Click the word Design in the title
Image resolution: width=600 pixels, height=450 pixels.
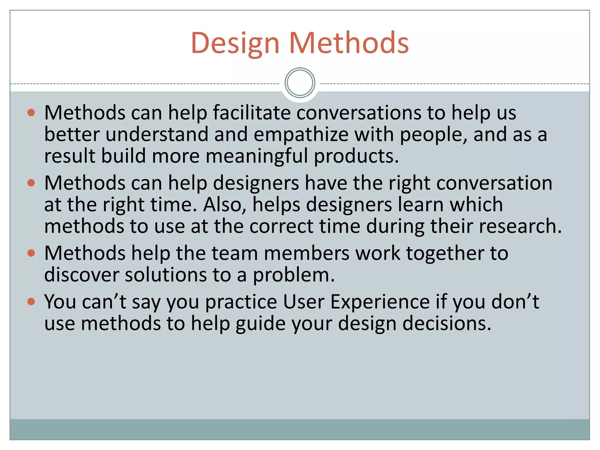[x=235, y=43]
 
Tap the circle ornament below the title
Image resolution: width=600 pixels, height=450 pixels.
[x=300, y=83]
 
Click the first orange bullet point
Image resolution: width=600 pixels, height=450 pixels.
[x=31, y=113]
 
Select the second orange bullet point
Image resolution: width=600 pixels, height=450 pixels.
[x=31, y=183]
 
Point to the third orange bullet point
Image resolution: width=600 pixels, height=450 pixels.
[x=31, y=253]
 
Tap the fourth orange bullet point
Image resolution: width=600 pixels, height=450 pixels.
[x=31, y=301]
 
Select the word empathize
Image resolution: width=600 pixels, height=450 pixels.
[x=301, y=135]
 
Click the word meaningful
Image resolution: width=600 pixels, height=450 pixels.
[x=257, y=156]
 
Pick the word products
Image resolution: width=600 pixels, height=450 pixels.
[x=356, y=156]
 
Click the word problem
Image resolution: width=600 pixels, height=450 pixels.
[x=294, y=275]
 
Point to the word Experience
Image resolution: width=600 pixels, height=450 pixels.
[x=380, y=302]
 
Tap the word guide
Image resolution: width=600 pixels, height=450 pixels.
[x=260, y=324]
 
